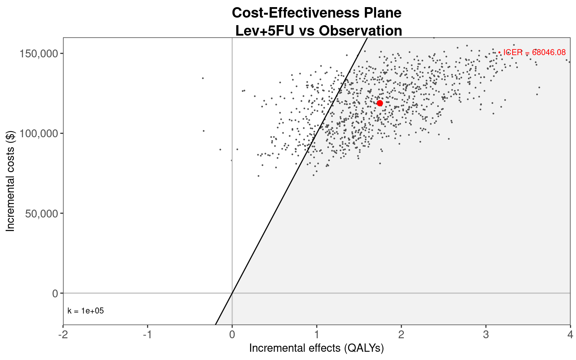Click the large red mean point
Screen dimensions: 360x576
point(380,103)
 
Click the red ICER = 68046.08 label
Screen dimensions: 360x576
point(534,52)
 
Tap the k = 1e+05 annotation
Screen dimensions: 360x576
point(85,311)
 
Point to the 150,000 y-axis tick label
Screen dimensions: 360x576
point(39,54)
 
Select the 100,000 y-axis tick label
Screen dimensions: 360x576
point(39,133)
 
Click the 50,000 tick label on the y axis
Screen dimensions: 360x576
point(41,213)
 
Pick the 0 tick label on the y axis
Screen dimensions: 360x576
point(55,293)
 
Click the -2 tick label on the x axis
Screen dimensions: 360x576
point(63,334)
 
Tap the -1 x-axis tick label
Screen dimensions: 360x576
point(148,334)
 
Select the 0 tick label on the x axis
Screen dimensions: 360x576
point(232,334)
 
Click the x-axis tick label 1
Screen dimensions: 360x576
point(317,334)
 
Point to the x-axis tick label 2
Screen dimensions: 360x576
point(401,334)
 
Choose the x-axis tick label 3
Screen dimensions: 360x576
point(486,334)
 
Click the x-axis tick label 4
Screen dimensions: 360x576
point(570,334)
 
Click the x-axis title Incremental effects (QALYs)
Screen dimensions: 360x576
point(316,348)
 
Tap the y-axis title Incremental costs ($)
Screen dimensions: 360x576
point(10,181)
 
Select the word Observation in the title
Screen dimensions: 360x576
point(360,31)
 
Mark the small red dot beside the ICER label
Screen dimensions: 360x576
point(499,52)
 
